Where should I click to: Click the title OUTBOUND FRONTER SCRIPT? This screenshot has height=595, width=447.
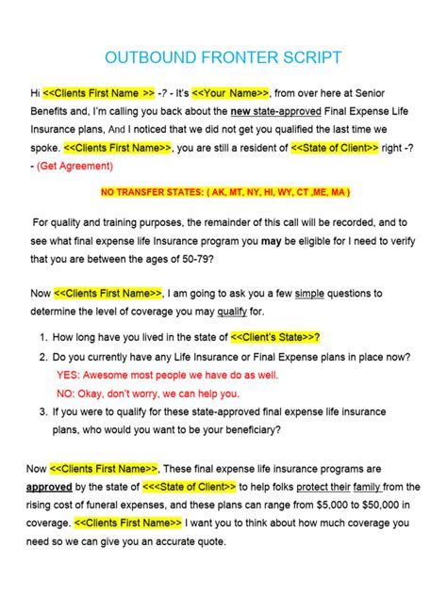point(223,58)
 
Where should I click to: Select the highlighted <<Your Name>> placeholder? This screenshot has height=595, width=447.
point(231,93)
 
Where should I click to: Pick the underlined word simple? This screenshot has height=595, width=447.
point(310,294)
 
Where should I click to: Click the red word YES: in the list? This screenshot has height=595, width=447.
point(71,374)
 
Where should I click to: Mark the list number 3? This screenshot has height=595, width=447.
point(43,410)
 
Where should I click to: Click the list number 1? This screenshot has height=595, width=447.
point(43,337)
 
